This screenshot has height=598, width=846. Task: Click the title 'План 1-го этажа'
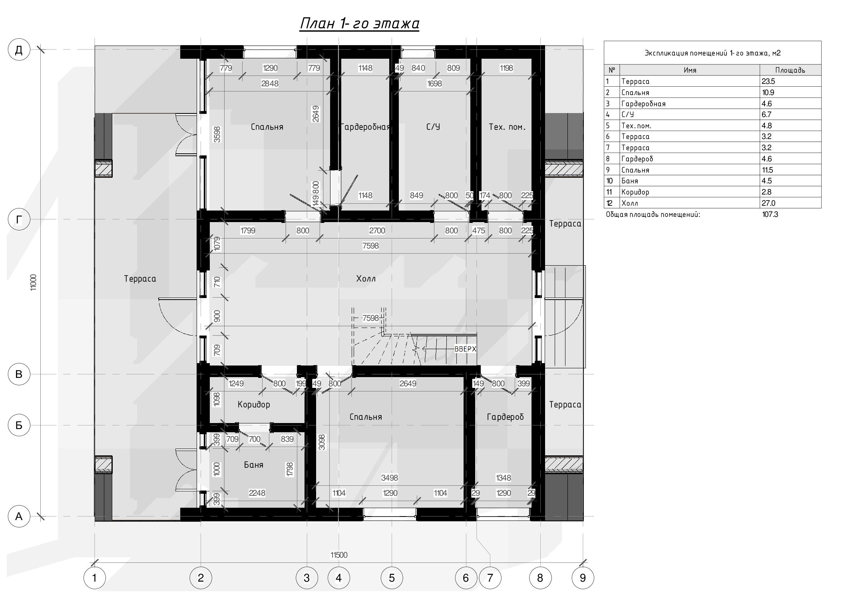tap(359, 24)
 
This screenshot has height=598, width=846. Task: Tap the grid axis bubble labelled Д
tap(19, 50)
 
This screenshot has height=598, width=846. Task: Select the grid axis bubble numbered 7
tap(490, 578)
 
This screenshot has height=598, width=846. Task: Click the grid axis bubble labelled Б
tap(19, 425)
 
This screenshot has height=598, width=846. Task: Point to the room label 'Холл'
tap(366, 279)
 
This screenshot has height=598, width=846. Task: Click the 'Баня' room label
tap(253, 465)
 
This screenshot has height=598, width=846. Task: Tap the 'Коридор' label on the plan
tap(254, 405)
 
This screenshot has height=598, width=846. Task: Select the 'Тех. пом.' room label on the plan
tap(507, 127)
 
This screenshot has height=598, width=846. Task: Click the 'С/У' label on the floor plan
tap(433, 127)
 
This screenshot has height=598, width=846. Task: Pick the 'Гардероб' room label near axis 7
tap(505, 417)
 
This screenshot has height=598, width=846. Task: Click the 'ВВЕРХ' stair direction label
tap(466, 349)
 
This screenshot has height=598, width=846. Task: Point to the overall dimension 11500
tap(339, 555)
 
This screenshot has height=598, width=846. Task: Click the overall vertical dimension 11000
tap(34, 282)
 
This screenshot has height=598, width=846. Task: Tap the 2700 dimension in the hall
tap(377, 230)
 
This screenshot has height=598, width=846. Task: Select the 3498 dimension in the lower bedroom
tap(389, 478)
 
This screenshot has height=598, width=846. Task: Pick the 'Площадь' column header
tap(790, 70)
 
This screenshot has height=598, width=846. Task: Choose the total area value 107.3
tap(770, 215)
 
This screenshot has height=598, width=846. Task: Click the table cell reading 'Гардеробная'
tap(643, 104)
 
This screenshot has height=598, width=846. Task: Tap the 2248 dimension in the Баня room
tap(257, 493)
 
